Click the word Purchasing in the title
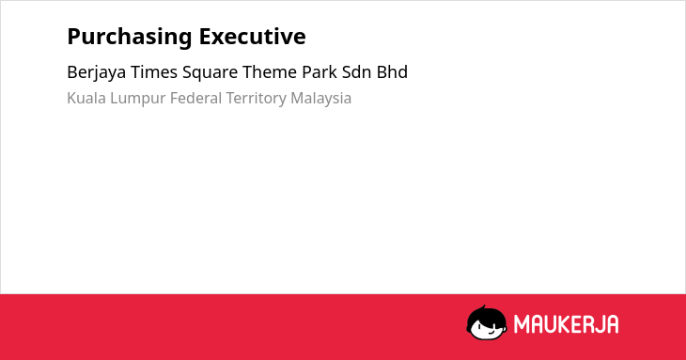[x=130, y=38]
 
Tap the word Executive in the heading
[x=253, y=37]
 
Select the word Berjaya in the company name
[x=97, y=72]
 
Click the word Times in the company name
[x=154, y=72]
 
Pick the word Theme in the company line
[x=270, y=72]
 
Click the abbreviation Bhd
[x=393, y=72]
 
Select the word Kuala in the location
[x=86, y=98]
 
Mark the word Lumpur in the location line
[x=138, y=99]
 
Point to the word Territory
[x=257, y=99]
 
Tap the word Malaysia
[x=321, y=99]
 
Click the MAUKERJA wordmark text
[x=566, y=324]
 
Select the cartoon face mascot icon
[x=487, y=323]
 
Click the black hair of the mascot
[x=486, y=314]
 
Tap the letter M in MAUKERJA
[x=522, y=324]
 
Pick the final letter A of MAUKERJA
[x=613, y=324]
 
